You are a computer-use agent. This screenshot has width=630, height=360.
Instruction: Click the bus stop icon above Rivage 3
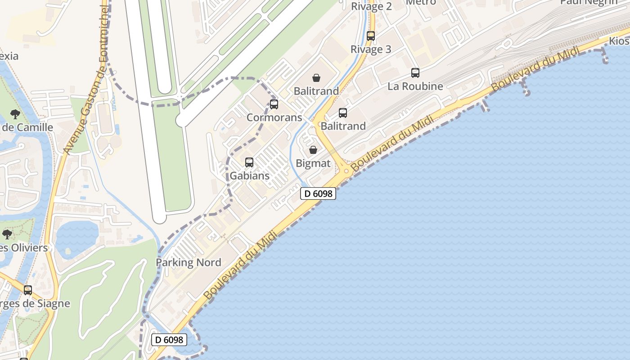click(371, 36)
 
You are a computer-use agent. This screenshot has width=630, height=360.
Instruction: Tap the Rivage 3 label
click(371, 49)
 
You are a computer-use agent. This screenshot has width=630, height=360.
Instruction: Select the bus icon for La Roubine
click(415, 73)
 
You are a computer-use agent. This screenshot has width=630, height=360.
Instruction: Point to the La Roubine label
click(415, 86)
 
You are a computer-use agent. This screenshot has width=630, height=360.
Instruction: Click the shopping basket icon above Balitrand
click(316, 78)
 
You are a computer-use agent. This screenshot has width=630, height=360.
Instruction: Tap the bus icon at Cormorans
click(274, 104)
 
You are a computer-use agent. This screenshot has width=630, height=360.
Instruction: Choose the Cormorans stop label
click(274, 117)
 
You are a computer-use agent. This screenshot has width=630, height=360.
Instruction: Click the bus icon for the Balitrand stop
click(343, 113)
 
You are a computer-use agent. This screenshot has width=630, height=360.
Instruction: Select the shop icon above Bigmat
click(313, 150)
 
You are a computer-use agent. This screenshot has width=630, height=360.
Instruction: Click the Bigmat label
click(314, 163)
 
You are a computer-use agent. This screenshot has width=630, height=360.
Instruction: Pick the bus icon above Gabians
click(249, 162)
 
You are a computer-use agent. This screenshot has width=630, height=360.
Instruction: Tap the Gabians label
click(250, 175)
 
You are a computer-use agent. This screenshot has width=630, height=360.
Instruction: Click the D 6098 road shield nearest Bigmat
click(318, 193)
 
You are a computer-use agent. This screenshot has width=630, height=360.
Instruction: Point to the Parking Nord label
click(188, 262)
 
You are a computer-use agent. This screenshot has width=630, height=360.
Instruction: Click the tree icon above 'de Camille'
click(15, 114)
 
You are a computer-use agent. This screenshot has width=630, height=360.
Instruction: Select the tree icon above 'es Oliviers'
click(7, 234)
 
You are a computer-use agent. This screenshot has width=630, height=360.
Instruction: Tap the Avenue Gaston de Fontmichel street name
click(87, 81)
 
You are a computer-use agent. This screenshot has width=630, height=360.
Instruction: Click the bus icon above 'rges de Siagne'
click(28, 290)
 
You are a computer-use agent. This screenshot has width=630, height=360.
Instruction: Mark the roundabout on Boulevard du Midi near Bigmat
click(346, 171)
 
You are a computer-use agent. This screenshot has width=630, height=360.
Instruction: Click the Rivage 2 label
click(371, 6)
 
